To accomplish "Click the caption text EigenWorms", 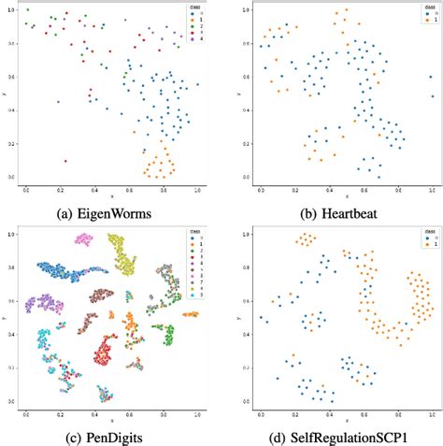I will point(119,209).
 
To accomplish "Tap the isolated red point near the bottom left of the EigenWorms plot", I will point(65,161).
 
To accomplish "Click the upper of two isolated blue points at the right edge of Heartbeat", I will point(430,78).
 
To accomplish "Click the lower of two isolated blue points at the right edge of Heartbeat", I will point(432,96).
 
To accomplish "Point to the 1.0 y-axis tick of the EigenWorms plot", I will point(12,9).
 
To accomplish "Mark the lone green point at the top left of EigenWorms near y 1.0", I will point(29,9).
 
